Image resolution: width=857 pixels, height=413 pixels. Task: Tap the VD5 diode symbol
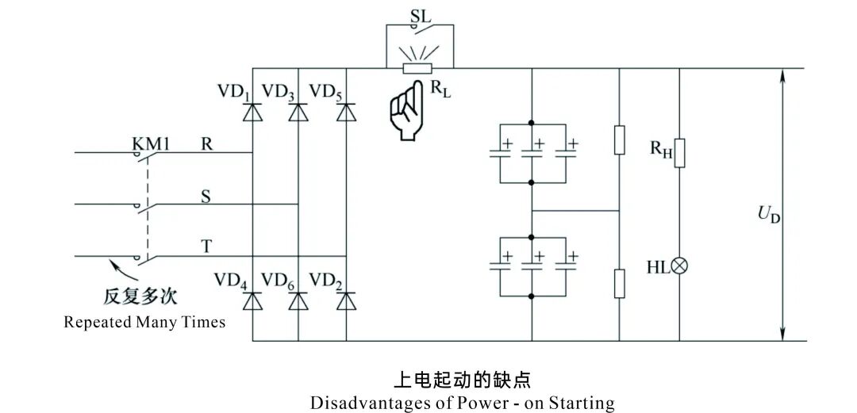click(346, 113)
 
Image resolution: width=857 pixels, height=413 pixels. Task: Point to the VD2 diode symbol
click(346, 301)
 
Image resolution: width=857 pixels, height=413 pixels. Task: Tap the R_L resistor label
click(439, 89)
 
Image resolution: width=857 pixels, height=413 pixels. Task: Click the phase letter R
click(206, 143)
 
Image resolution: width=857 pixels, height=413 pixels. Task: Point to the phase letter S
click(206, 196)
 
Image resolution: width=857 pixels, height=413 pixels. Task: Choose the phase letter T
click(206, 247)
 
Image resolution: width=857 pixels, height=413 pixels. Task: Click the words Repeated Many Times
click(144, 323)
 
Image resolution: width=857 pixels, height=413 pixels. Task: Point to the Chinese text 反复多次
click(140, 298)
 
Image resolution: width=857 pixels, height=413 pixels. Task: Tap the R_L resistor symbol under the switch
click(417, 68)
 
